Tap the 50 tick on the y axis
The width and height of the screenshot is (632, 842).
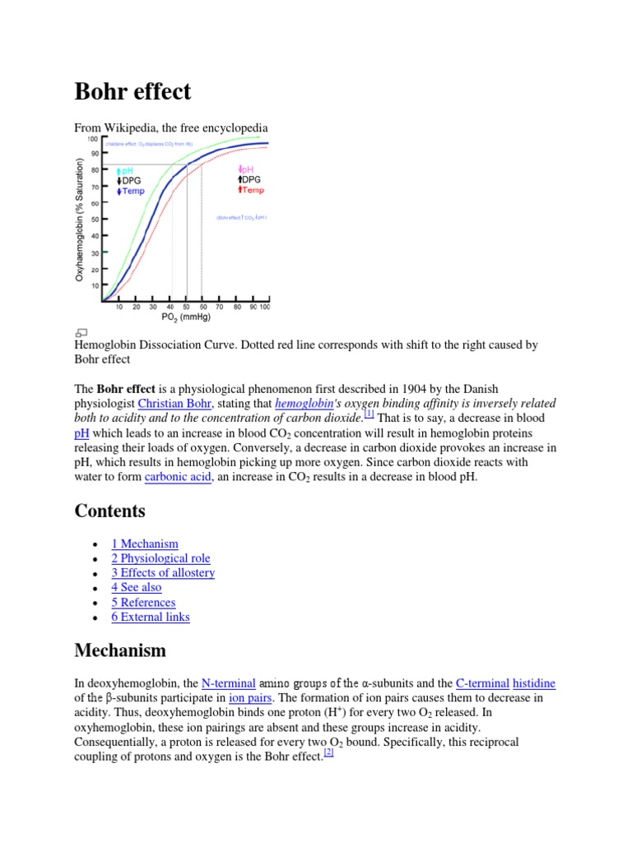pyautogui.click(x=94, y=220)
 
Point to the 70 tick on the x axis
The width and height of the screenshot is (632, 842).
pyautogui.click(x=220, y=307)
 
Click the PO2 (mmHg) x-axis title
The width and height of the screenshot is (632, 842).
pyautogui.click(x=186, y=317)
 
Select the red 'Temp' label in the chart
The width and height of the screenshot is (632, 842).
pyautogui.click(x=251, y=190)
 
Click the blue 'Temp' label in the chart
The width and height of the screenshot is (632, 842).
pyautogui.click(x=132, y=191)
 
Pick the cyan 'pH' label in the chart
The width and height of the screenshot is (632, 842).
pyautogui.click(x=126, y=170)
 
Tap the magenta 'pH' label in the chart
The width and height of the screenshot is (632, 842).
pyautogui.click(x=245, y=169)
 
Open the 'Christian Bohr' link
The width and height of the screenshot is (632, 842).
pyautogui.click(x=175, y=404)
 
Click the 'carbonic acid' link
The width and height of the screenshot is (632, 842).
pyautogui.click(x=179, y=477)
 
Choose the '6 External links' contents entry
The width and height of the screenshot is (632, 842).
pyautogui.click(x=151, y=617)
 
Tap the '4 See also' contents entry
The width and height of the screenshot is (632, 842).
pyautogui.click(x=137, y=587)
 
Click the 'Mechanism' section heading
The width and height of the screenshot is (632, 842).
pyautogui.click(x=120, y=650)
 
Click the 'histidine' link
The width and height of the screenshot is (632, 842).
pyautogui.click(x=534, y=683)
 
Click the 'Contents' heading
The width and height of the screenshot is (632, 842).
pyautogui.click(x=109, y=511)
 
